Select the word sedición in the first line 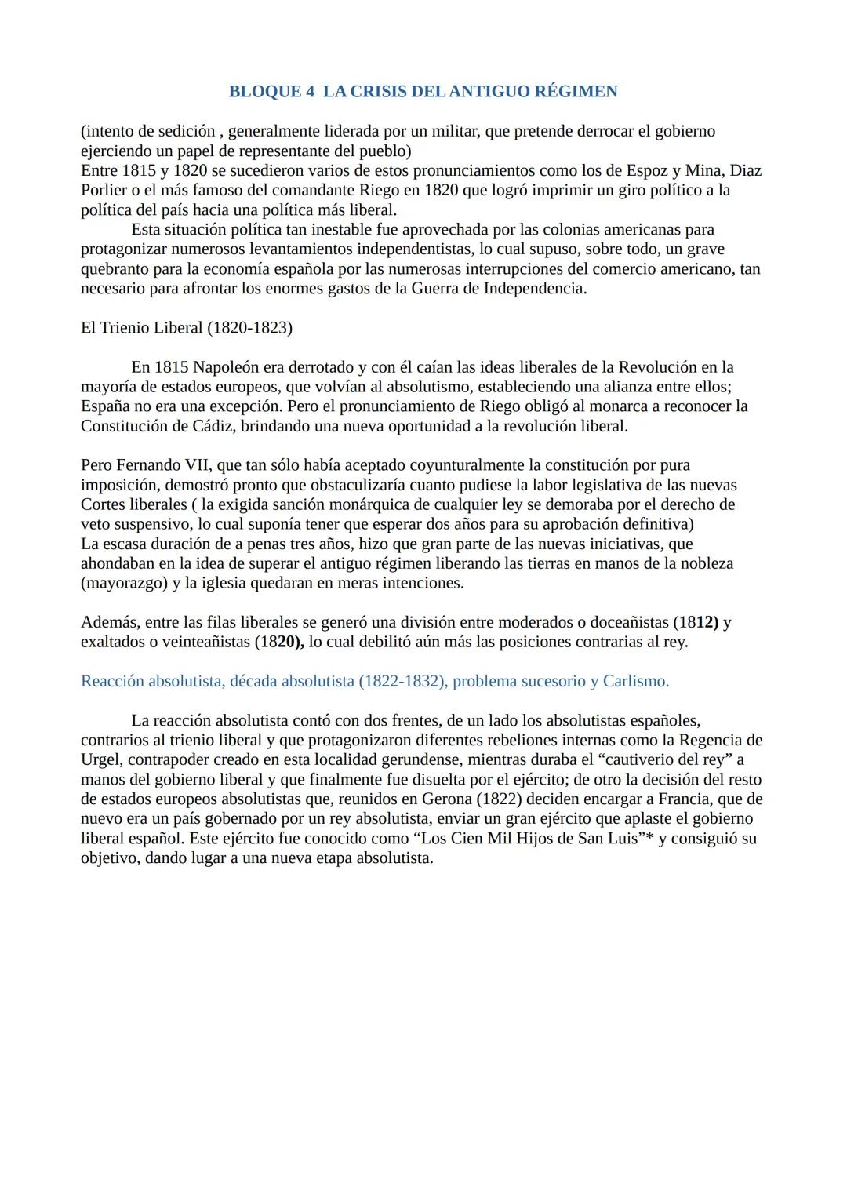click(185, 131)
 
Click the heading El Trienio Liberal click(141, 327)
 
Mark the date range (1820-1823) click(249, 327)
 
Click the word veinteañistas click(200, 642)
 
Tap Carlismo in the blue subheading click(635, 681)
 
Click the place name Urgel click(100, 759)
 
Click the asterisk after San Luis click(649, 838)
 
